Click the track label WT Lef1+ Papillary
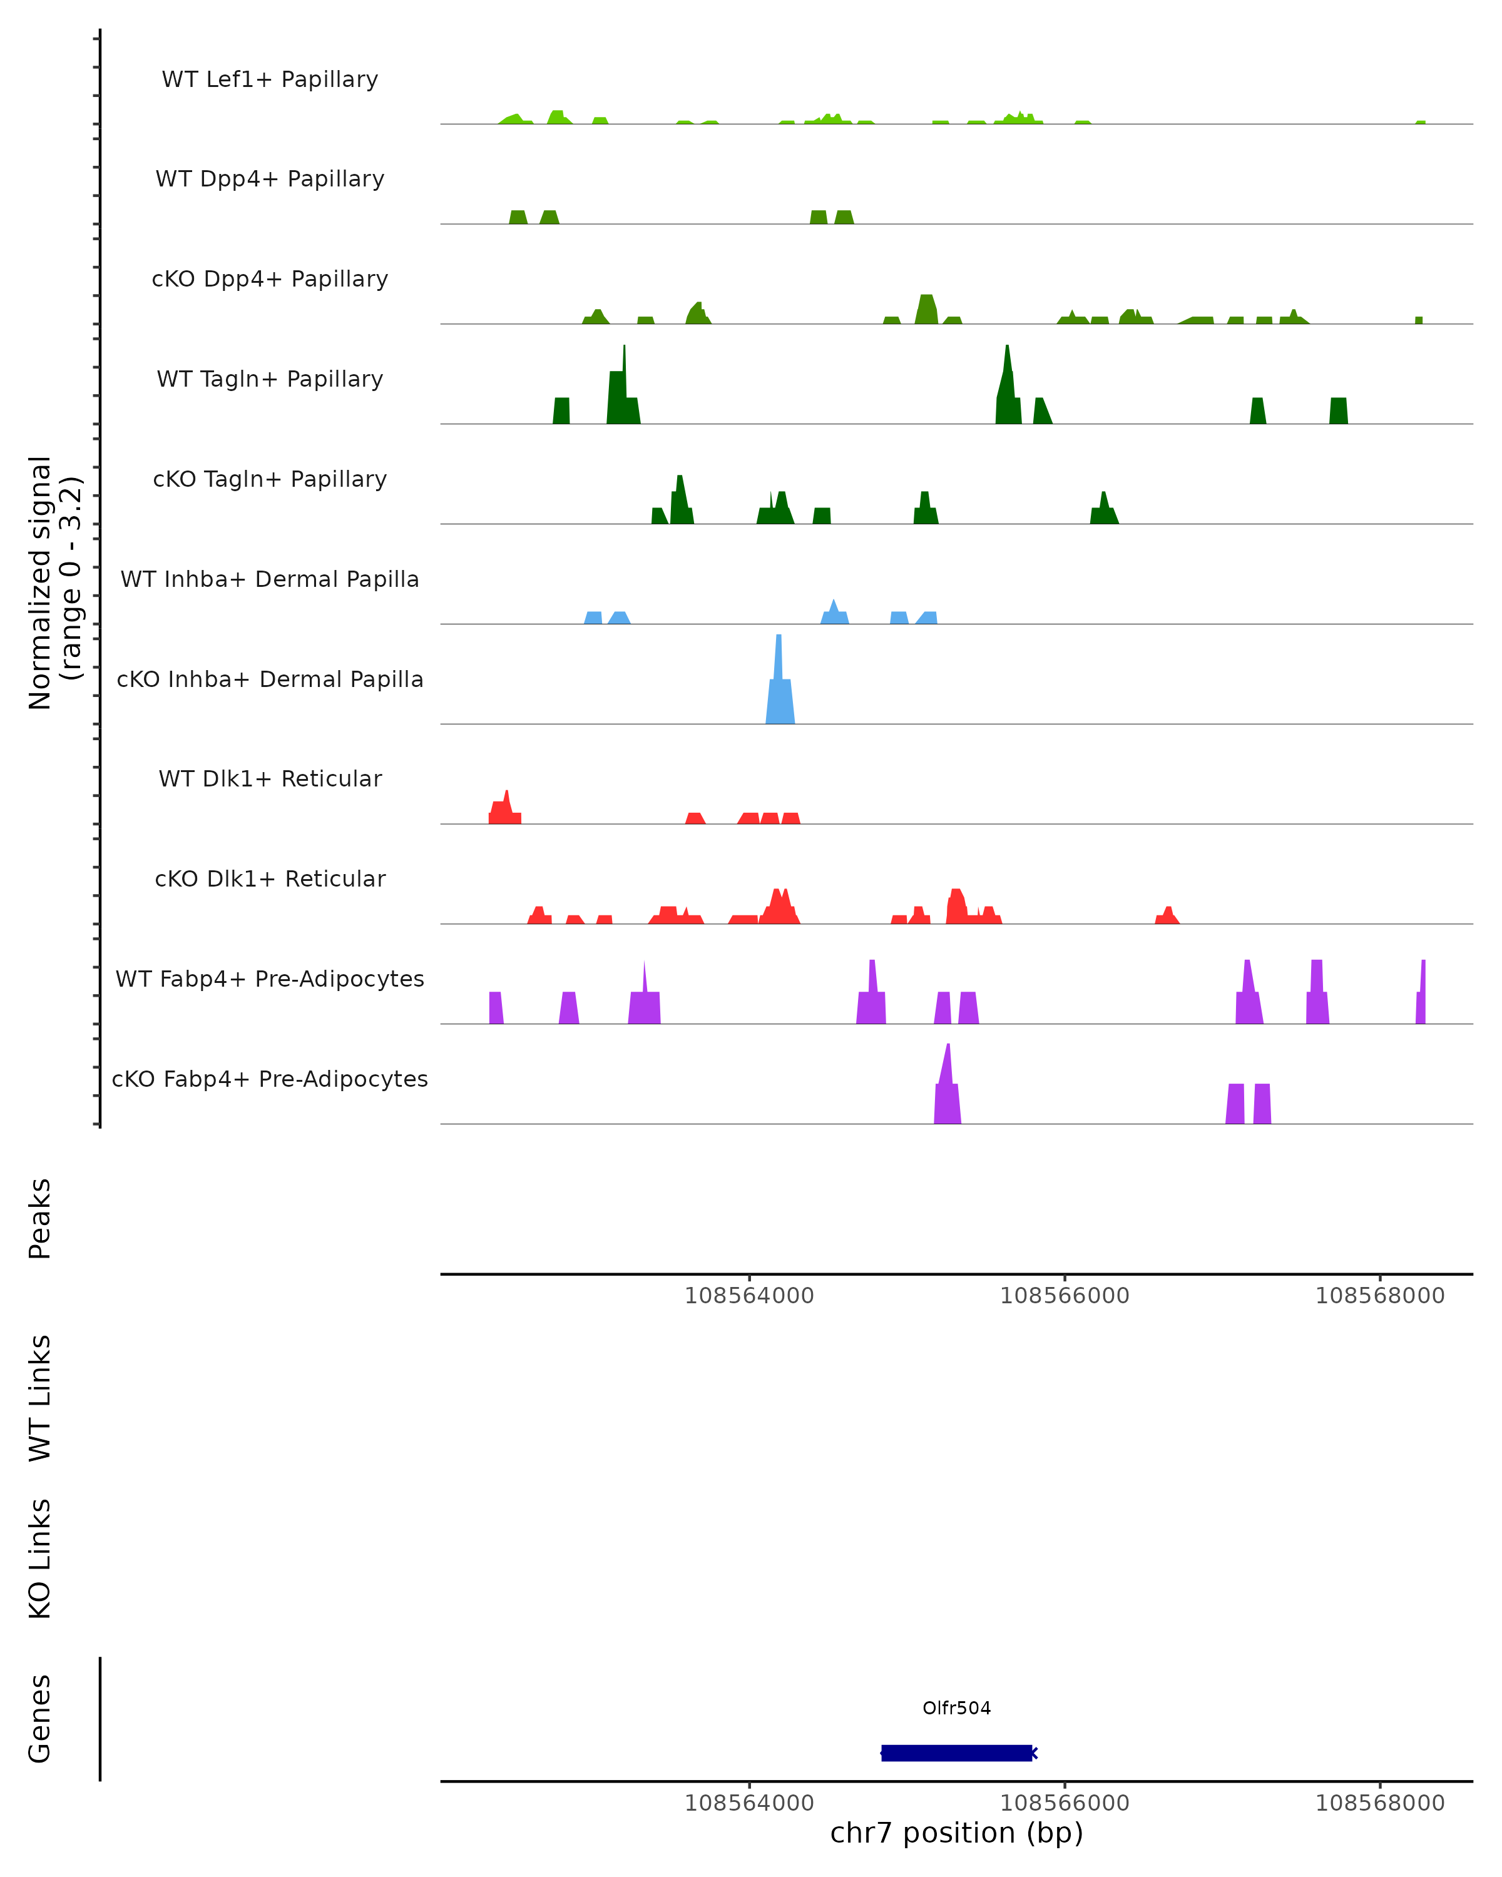(x=270, y=79)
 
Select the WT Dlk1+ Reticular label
(x=270, y=778)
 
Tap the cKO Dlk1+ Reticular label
(x=270, y=878)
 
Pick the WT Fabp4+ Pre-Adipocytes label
(x=270, y=979)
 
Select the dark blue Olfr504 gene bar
(x=956, y=1753)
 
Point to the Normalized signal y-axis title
(x=54, y=582)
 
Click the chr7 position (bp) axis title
(x=956, y=1833)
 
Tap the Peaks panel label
(x=40, y=1218)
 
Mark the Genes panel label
(x=40, y=1719)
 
